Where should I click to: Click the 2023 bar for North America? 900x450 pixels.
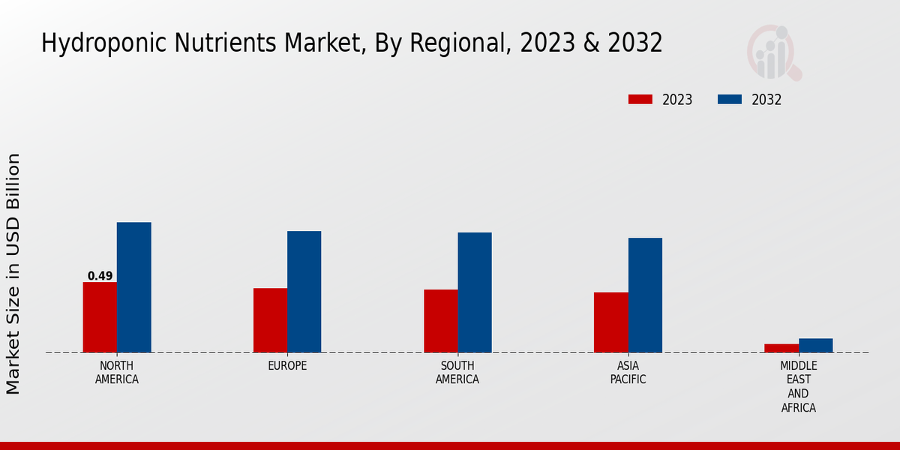click(100, 317)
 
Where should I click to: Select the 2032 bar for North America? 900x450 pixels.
click(133, 287)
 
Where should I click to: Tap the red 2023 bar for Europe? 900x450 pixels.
click(270, 320)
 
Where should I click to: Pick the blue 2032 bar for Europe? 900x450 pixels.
click(304, 292)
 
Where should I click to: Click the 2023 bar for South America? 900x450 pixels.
click(440, 321)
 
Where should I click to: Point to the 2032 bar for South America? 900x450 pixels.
click(475, 292)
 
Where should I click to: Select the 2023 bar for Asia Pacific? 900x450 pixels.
click(610, 322)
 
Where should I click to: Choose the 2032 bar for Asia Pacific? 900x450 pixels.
click(645, 295)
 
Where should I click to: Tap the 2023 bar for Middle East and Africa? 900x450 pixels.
click(781, 348)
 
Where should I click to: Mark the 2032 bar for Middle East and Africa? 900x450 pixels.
click(815, 345)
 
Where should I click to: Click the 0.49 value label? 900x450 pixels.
click(100, 276)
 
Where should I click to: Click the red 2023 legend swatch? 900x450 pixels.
click(640, 100)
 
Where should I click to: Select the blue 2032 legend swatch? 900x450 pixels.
click(730, 100)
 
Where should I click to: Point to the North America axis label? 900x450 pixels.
click(117, 373)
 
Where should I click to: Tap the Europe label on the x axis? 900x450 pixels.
click(287, 366)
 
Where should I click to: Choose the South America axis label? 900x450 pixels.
click(457, 373)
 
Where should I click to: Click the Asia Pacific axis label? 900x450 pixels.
click(628, 373)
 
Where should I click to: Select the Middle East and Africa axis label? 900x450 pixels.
click(798, 387)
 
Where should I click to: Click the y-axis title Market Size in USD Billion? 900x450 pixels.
click(13, 274)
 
